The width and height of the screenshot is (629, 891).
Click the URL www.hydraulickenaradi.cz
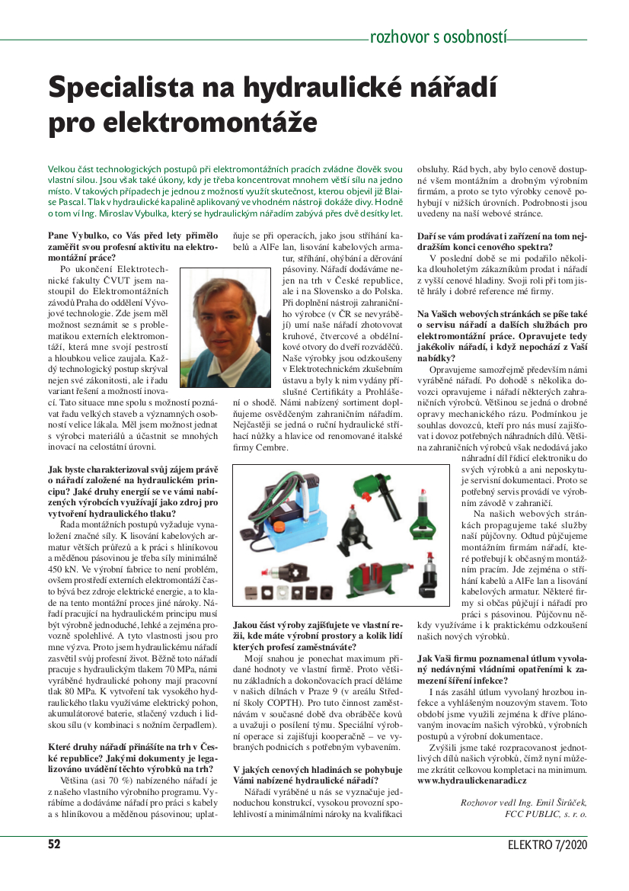(x=472, y=781)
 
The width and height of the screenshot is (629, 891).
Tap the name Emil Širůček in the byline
(x=557, y=802)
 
